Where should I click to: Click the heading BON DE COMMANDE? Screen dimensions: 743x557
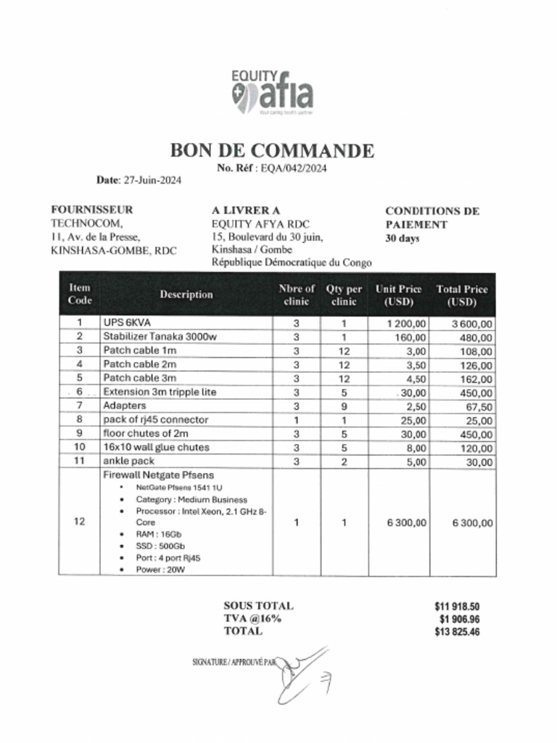(x=272, y=151)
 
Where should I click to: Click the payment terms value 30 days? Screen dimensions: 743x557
(x=403, y=238)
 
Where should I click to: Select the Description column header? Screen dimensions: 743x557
(x=186, y=295)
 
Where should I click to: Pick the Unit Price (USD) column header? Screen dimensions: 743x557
(x=398, y=295)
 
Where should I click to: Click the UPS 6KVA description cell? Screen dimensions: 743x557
(x=127, y=322)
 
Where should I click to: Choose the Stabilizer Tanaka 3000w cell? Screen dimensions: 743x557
(x=159, y=336)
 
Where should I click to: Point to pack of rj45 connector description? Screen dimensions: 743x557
(x=155, y=419)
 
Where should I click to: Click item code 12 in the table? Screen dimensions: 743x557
(x=80, y=522)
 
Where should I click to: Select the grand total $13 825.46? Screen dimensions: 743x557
(x=457, y=632)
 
